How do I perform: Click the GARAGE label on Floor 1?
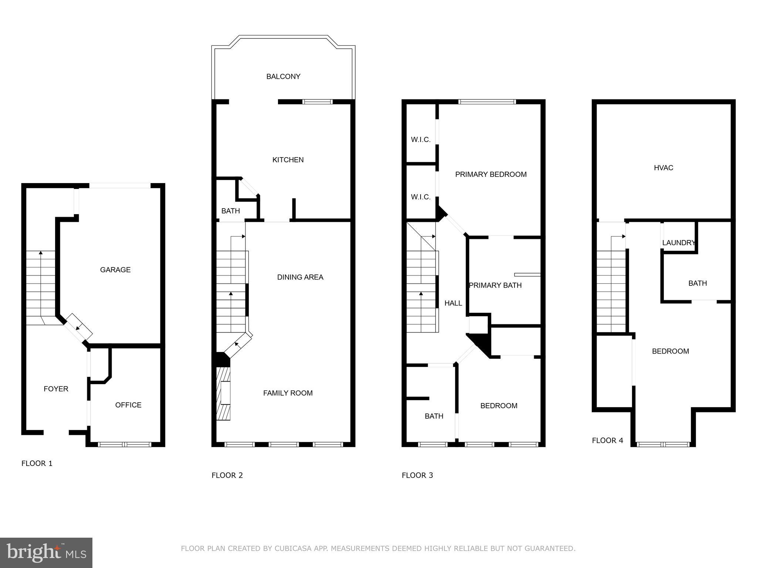115,270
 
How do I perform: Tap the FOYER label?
56,389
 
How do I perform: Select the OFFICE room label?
128,405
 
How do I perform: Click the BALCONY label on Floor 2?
283,77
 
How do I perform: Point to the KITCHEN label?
288,160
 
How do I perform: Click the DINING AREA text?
300,277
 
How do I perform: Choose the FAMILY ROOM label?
288,393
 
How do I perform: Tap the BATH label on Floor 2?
230,211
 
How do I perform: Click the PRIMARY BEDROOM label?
490,175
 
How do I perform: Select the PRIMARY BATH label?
495,285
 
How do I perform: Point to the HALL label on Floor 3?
453,303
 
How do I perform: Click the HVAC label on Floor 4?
663,168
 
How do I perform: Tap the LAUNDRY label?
679,243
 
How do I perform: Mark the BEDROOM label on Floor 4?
670,351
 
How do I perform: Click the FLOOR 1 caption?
37,463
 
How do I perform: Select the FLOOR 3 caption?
417,475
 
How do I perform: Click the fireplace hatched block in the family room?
224,393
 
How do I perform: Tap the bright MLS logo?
46,553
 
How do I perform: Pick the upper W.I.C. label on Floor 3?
421,140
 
